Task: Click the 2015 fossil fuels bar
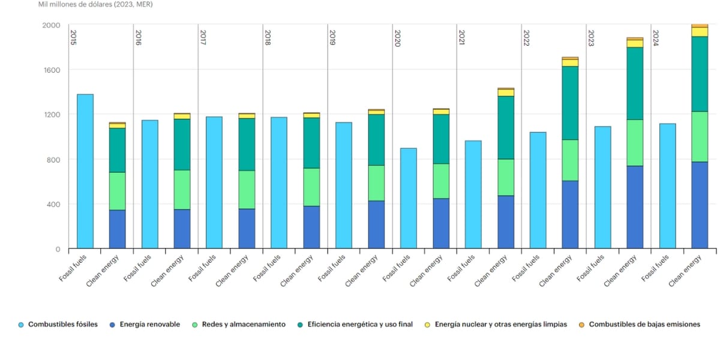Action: [x=85, y=171]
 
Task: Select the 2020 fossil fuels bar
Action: [x=409, y=198]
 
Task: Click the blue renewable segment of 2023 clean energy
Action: [x=635, y=207]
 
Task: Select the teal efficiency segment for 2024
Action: [x=700, y=74]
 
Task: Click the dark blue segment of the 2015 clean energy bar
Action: [x=118, y=229]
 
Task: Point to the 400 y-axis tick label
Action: [x=54, y=204]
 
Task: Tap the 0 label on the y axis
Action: [x=58, y=249]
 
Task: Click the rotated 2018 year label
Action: [x=267, y=38]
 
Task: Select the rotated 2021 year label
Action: [x=461, y=38]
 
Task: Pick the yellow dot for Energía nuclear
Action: [x=427, y=325]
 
